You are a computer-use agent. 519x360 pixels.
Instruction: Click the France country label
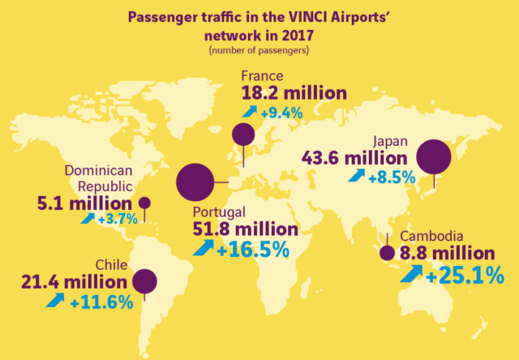[262, 76]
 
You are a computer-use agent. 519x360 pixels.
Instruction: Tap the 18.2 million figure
[294, 93]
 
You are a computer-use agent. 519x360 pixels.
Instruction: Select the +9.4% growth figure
[281, 114]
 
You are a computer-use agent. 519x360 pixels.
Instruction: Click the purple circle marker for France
[243, 135]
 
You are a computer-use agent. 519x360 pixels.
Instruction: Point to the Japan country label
[390, 142]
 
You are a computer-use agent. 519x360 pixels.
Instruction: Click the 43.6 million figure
[354, 158]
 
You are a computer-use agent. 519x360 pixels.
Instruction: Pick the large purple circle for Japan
[434, 156]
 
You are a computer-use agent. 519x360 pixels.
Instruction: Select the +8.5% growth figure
[392, 178]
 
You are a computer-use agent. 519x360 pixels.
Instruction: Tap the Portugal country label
[219, 212]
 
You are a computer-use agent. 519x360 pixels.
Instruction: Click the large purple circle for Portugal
[195, 182]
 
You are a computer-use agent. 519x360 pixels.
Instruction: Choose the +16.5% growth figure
[253, 251]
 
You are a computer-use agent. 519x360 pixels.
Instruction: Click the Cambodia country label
[431, 236]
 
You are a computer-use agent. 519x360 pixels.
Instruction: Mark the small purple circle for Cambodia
[388, 254]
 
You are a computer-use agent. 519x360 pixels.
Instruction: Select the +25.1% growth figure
[465, 276]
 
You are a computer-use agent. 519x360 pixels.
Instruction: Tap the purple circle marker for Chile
[144, 281]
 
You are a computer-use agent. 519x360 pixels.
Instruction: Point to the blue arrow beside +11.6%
[55, 299]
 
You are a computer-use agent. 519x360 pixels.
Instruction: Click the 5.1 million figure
[84, 204]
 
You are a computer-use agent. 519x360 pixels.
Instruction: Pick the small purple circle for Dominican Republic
[144, 203]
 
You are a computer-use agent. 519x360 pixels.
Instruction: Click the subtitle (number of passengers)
[259, 51]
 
